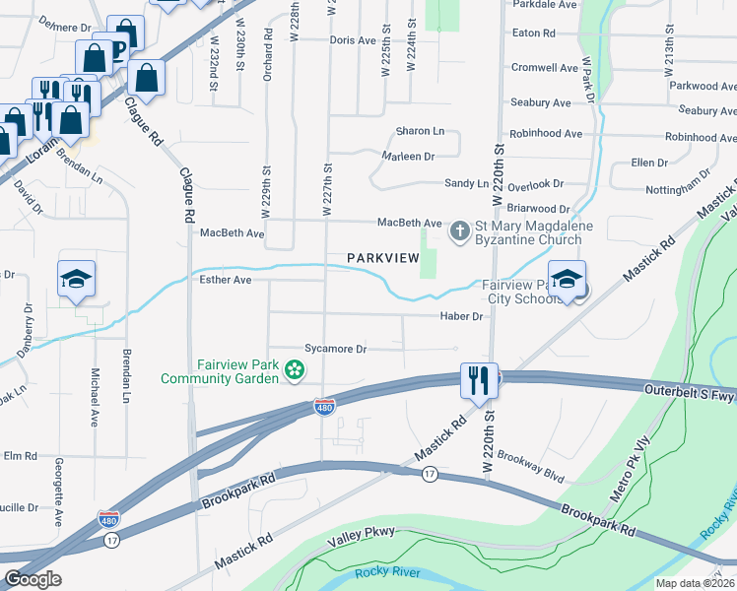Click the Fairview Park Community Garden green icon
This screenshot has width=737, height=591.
[293, 370]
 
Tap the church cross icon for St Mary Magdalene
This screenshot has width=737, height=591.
[458, 232]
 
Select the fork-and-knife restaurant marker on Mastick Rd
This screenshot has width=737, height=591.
[479, 379]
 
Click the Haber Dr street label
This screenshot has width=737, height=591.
[462, 316]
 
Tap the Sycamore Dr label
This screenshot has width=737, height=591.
[335, 349]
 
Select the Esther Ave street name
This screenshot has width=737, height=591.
[226, 280]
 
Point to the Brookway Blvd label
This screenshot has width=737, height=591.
[530, 467]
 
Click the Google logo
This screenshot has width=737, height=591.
[33, 579]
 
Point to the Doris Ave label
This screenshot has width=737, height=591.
[353, 40]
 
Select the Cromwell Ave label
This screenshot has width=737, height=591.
[545, 68]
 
